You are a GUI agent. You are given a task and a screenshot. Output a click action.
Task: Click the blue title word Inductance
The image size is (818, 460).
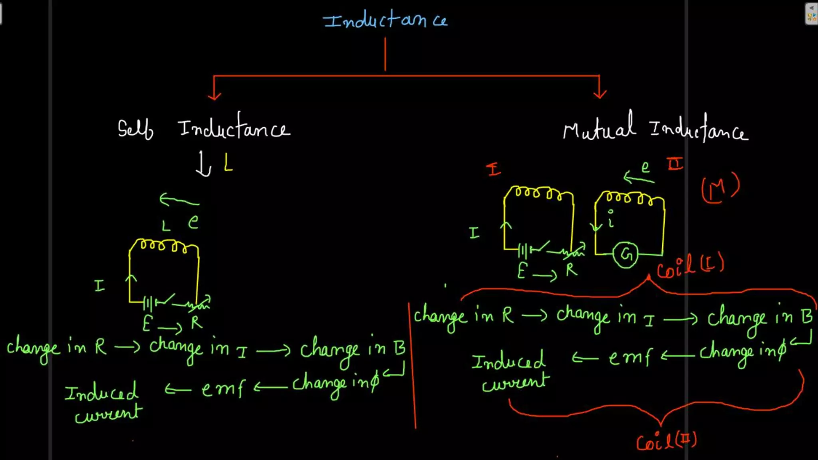(385, 20)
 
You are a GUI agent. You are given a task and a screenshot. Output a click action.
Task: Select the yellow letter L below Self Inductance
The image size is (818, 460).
(228, 163)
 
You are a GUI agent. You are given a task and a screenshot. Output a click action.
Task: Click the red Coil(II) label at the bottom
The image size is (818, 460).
(666, 442)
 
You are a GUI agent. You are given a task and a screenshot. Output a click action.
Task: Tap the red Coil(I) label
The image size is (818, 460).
(690, 266)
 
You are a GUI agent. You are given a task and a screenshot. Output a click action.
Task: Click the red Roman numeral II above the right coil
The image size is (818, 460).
(675, 164)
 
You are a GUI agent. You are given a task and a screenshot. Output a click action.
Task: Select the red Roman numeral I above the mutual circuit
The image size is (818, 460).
(494, 170)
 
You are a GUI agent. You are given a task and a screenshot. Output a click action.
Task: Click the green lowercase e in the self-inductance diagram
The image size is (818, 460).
(193, 222)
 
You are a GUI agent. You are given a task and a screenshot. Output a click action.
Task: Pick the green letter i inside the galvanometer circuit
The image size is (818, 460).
(611, 219)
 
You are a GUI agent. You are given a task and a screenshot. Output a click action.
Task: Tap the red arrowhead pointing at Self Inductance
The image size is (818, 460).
(214, 96)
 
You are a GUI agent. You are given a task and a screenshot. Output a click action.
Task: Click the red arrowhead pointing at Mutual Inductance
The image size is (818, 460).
(600, 95)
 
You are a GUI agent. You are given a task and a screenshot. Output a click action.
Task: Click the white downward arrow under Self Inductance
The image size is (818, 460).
(204, 165)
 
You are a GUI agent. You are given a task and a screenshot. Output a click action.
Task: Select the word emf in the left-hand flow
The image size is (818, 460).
(223, 389)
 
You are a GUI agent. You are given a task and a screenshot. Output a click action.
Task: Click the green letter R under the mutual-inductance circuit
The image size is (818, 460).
(571, 270)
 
